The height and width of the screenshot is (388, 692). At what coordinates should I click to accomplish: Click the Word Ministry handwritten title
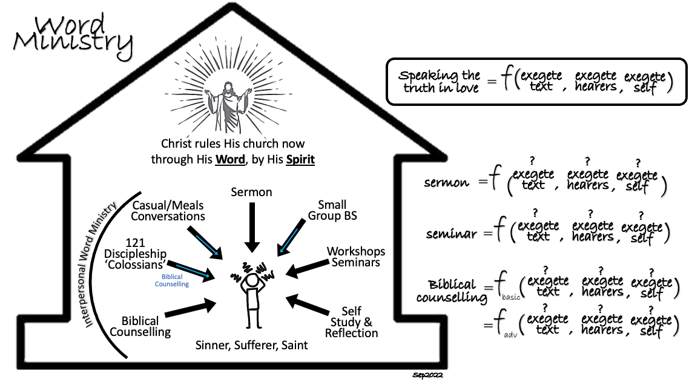(x=73, y=33)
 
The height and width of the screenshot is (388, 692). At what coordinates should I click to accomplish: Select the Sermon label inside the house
(x=252, y=192)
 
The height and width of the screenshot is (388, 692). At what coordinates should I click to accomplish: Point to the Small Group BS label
(x=332, y=210)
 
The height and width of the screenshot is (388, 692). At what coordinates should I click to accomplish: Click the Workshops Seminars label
(x=355, y=257)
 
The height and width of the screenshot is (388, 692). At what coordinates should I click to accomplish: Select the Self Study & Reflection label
(x=352, y=321)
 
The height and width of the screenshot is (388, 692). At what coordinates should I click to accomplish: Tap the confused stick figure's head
(x=252, y=281)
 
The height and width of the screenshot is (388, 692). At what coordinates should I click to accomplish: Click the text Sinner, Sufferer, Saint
(x=251, y=346)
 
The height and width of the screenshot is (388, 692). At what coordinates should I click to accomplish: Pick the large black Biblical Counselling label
(x=140, y=326)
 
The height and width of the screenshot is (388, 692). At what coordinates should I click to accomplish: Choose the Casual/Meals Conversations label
(x=168, y=211)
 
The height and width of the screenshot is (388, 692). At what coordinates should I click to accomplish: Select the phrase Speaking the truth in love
(x=439, y=82)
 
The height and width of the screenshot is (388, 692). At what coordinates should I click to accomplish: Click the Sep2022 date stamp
(x=429, y=376)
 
